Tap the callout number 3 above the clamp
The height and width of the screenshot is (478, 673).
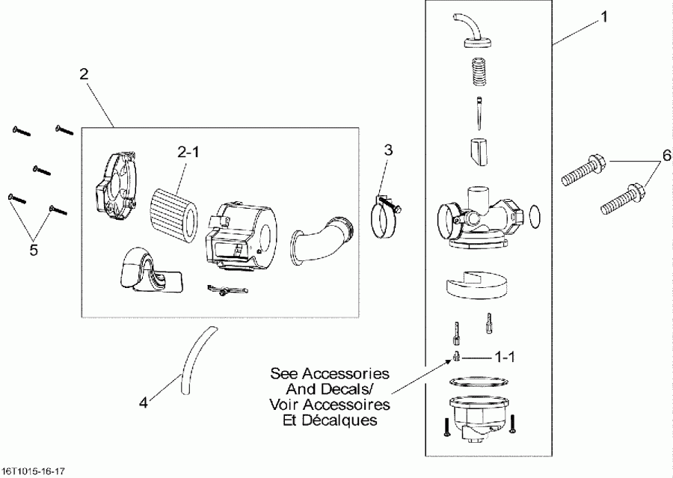[388, 149]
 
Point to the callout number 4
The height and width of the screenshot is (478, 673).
[143, 402]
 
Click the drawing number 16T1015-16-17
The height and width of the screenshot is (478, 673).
[34, 472]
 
